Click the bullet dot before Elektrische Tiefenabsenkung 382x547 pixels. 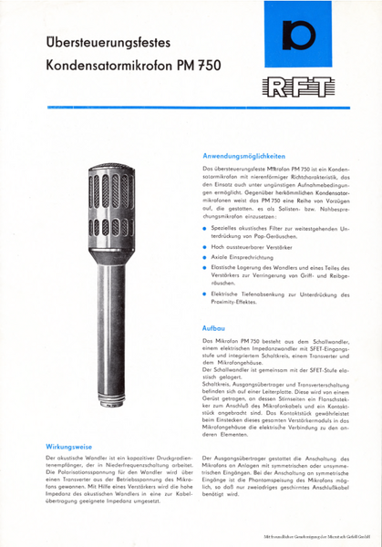pos(205,307)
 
